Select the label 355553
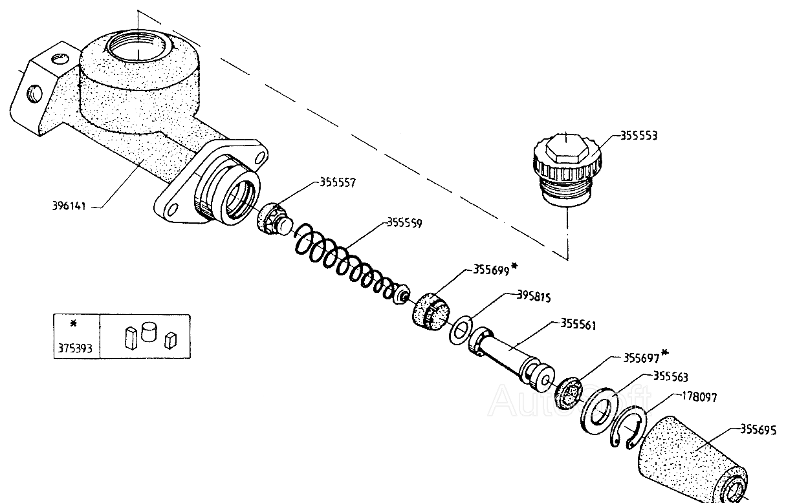click(x=640, y=136)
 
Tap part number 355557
click(x=338, y=182)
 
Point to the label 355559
click(x=404, y=224)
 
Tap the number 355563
click(x=671, y=376)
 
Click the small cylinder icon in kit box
click(x=149, y=332)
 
